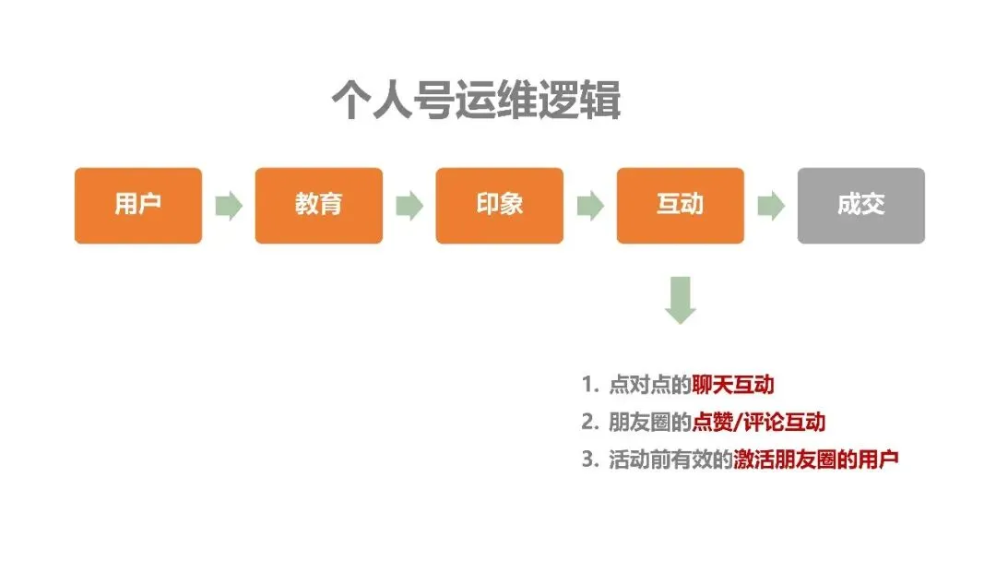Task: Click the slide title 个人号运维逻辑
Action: point(476,101)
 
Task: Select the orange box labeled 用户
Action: point(138,205)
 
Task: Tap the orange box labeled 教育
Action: point(319,205)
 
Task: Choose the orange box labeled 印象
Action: point(500,205)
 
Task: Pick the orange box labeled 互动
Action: point(681,205)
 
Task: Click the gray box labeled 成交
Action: point(861,205)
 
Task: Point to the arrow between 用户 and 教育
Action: point(229,206)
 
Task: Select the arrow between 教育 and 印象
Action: point(409,206)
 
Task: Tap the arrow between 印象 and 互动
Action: point(590,206)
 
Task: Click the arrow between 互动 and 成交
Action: point(771,206)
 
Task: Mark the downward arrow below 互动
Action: point(681,300)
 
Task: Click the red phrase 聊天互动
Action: point(733,385)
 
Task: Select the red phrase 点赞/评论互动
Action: point(759,423)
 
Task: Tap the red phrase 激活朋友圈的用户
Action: point(816,460)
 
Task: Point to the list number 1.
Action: point(588,385)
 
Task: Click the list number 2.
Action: point(588,423)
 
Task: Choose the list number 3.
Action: point(588,460)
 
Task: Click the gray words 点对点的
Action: point(650,385)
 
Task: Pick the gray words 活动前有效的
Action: point(670,460)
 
